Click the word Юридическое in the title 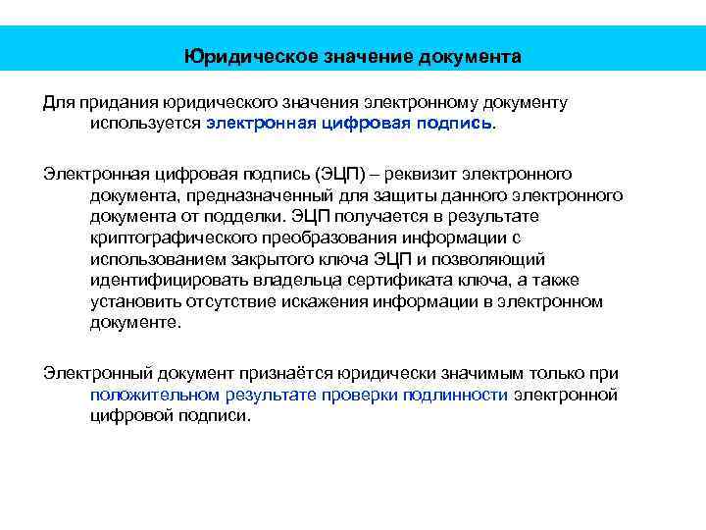tap(241, 56)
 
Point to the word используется tap(145, 125)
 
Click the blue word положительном tap(151, 394)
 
